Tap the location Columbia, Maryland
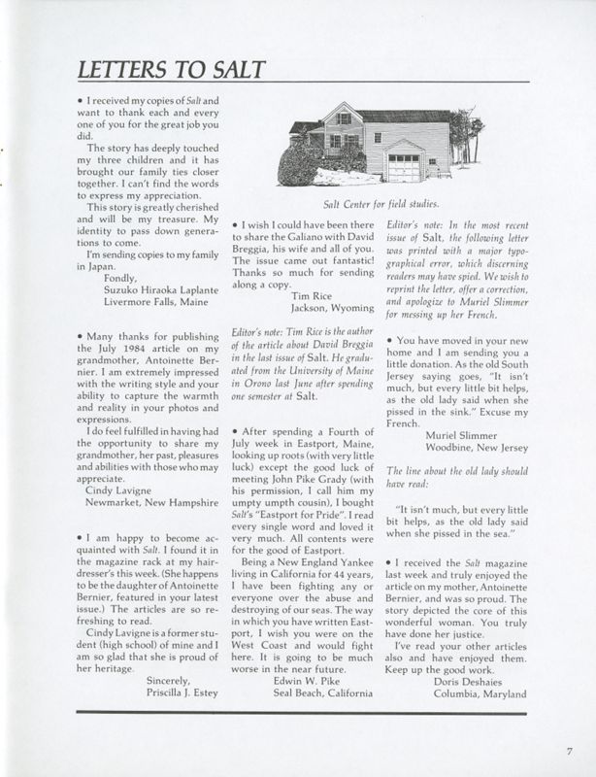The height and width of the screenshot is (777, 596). [x=480, y=693]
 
